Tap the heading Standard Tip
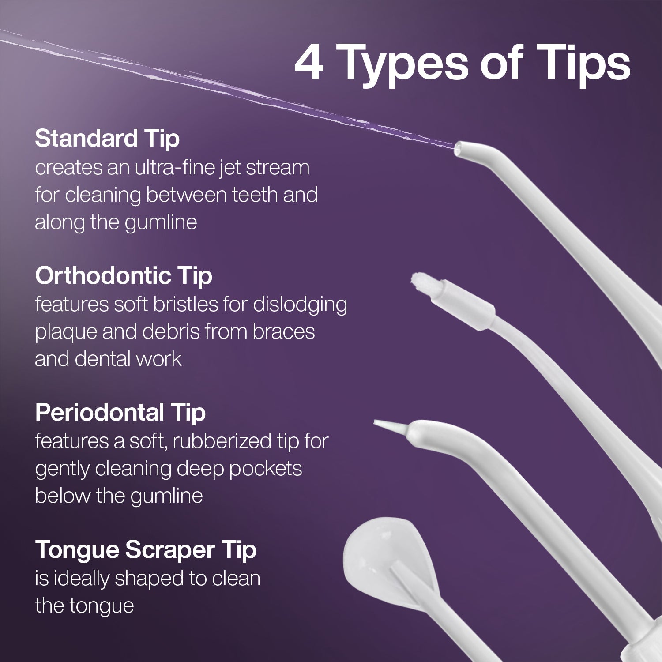pos(107,139)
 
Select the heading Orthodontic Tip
pos(124,276)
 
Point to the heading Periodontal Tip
pos(120,413)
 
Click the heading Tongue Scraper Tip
pos(146,550)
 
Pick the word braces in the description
pos(284,332)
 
